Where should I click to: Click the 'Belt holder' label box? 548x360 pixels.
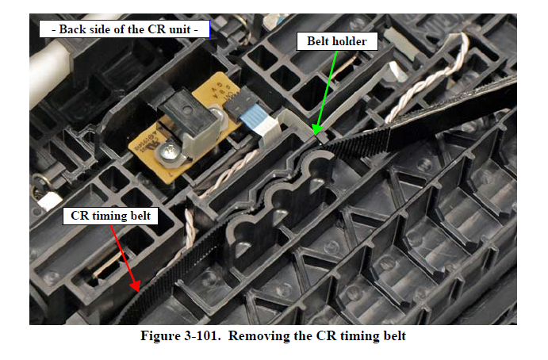click(x=337, y=41)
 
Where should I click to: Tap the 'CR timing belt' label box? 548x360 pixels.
click(x=110, y=216)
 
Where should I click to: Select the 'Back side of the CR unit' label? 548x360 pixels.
click(x=125, y=29)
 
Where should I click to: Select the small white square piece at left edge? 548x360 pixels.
click(x=49, y=201)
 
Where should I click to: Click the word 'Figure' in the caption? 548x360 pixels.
click(x=159, y=336)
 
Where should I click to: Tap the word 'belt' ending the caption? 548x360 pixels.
click(x=395, y=336)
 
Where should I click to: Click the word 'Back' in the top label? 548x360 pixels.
click(x=72, y=29)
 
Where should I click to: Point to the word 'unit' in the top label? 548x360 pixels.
click(x=180, y=29)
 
